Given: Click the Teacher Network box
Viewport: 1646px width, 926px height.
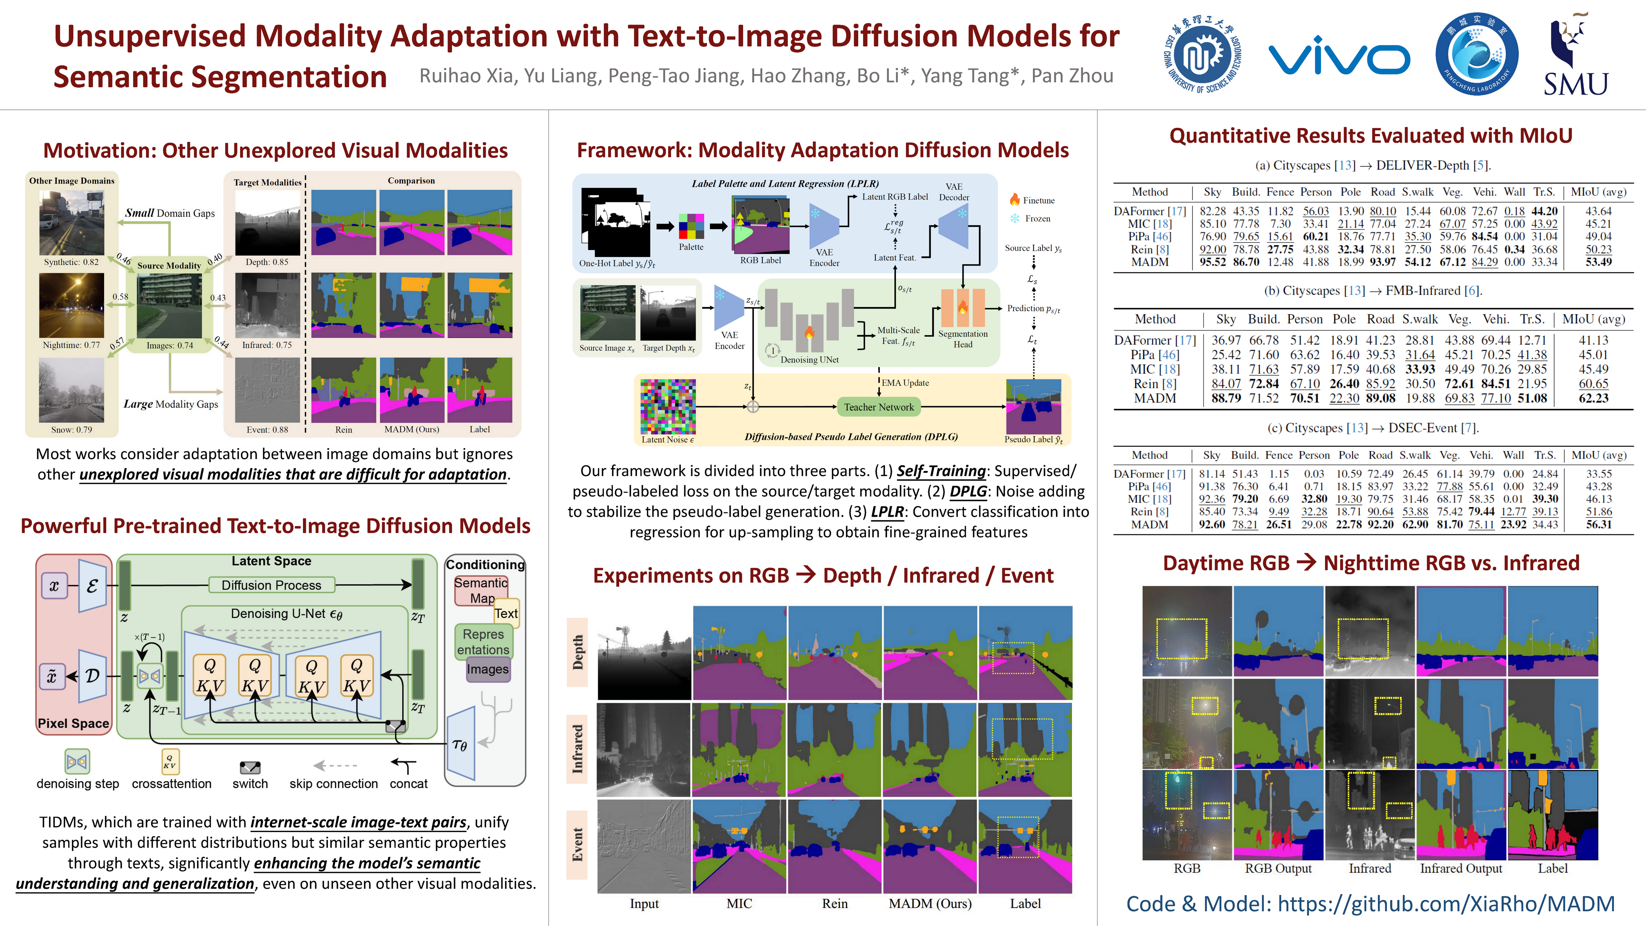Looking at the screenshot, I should (x=879, y=407).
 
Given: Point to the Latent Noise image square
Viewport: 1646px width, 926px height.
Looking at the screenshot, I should (x=668, y=406).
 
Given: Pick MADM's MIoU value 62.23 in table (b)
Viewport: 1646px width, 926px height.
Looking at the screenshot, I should (x=1593, y=398).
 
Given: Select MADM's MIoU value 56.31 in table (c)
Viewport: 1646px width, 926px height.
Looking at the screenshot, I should (x=1599, y=525).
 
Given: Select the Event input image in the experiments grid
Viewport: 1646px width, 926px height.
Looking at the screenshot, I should (x=643, y=846).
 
